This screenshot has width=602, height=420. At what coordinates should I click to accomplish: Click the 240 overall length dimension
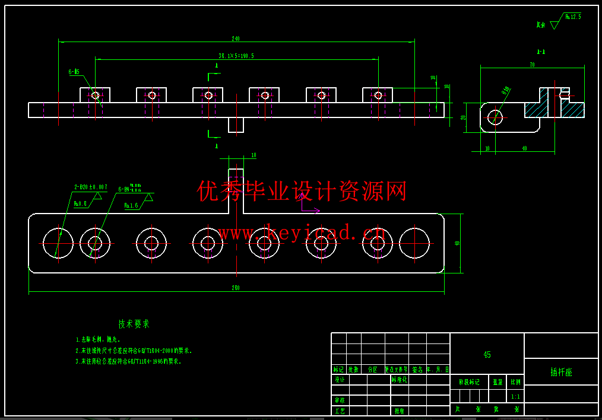(236, 39)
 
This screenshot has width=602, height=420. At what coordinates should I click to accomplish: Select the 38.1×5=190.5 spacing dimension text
(236, 56)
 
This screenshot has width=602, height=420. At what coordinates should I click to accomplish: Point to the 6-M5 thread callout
(74, 72)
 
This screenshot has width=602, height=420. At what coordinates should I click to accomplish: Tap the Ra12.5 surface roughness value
(573, 17)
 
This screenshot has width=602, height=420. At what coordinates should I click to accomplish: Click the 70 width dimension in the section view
(532, 65)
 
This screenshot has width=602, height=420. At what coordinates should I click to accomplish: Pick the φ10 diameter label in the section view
(506, 91)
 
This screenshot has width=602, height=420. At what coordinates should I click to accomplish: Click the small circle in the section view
(495, 117)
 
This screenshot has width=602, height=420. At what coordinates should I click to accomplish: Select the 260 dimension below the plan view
(236, 288)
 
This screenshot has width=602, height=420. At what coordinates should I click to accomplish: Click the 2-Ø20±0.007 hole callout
(90, 187)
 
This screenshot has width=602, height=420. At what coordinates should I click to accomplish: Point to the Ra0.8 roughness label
(80, 203)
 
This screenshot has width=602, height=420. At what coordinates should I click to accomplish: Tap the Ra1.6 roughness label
(131, 205)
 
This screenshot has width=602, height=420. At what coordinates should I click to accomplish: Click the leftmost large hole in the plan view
(58, 243)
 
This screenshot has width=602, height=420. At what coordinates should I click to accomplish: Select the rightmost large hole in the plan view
(414, 243)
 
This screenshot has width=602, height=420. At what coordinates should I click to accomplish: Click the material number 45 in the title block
(487, 355)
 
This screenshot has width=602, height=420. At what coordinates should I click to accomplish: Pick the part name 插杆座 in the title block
(561, 372)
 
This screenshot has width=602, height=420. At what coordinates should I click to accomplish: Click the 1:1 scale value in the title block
(515, 396)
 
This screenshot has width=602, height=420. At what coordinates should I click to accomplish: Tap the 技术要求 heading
(134, 324)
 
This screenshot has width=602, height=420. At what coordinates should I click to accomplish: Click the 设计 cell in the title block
(339, 380)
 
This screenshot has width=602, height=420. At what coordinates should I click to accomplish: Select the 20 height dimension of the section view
(464, 117)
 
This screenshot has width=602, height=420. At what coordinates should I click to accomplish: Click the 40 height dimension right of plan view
(457, 243)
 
